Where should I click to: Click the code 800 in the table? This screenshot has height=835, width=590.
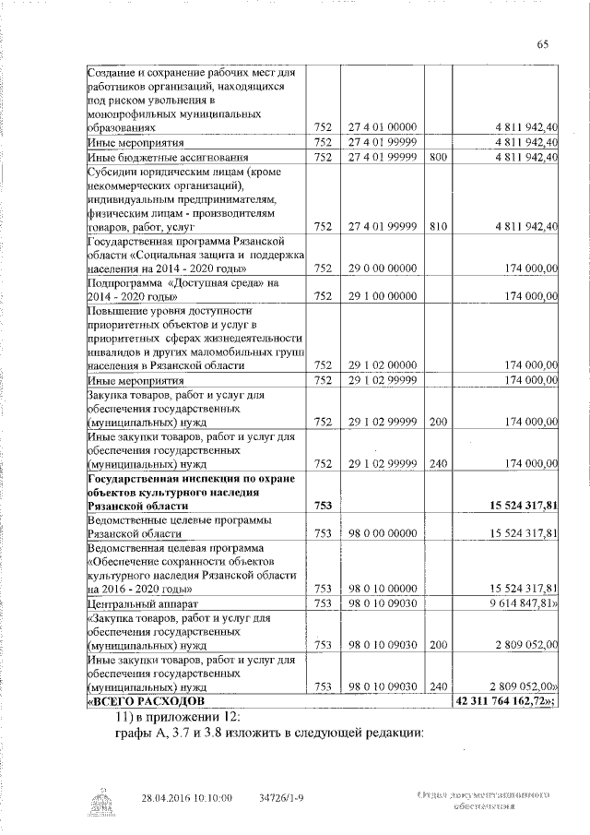438,158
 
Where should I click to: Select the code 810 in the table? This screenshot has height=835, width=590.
438,226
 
